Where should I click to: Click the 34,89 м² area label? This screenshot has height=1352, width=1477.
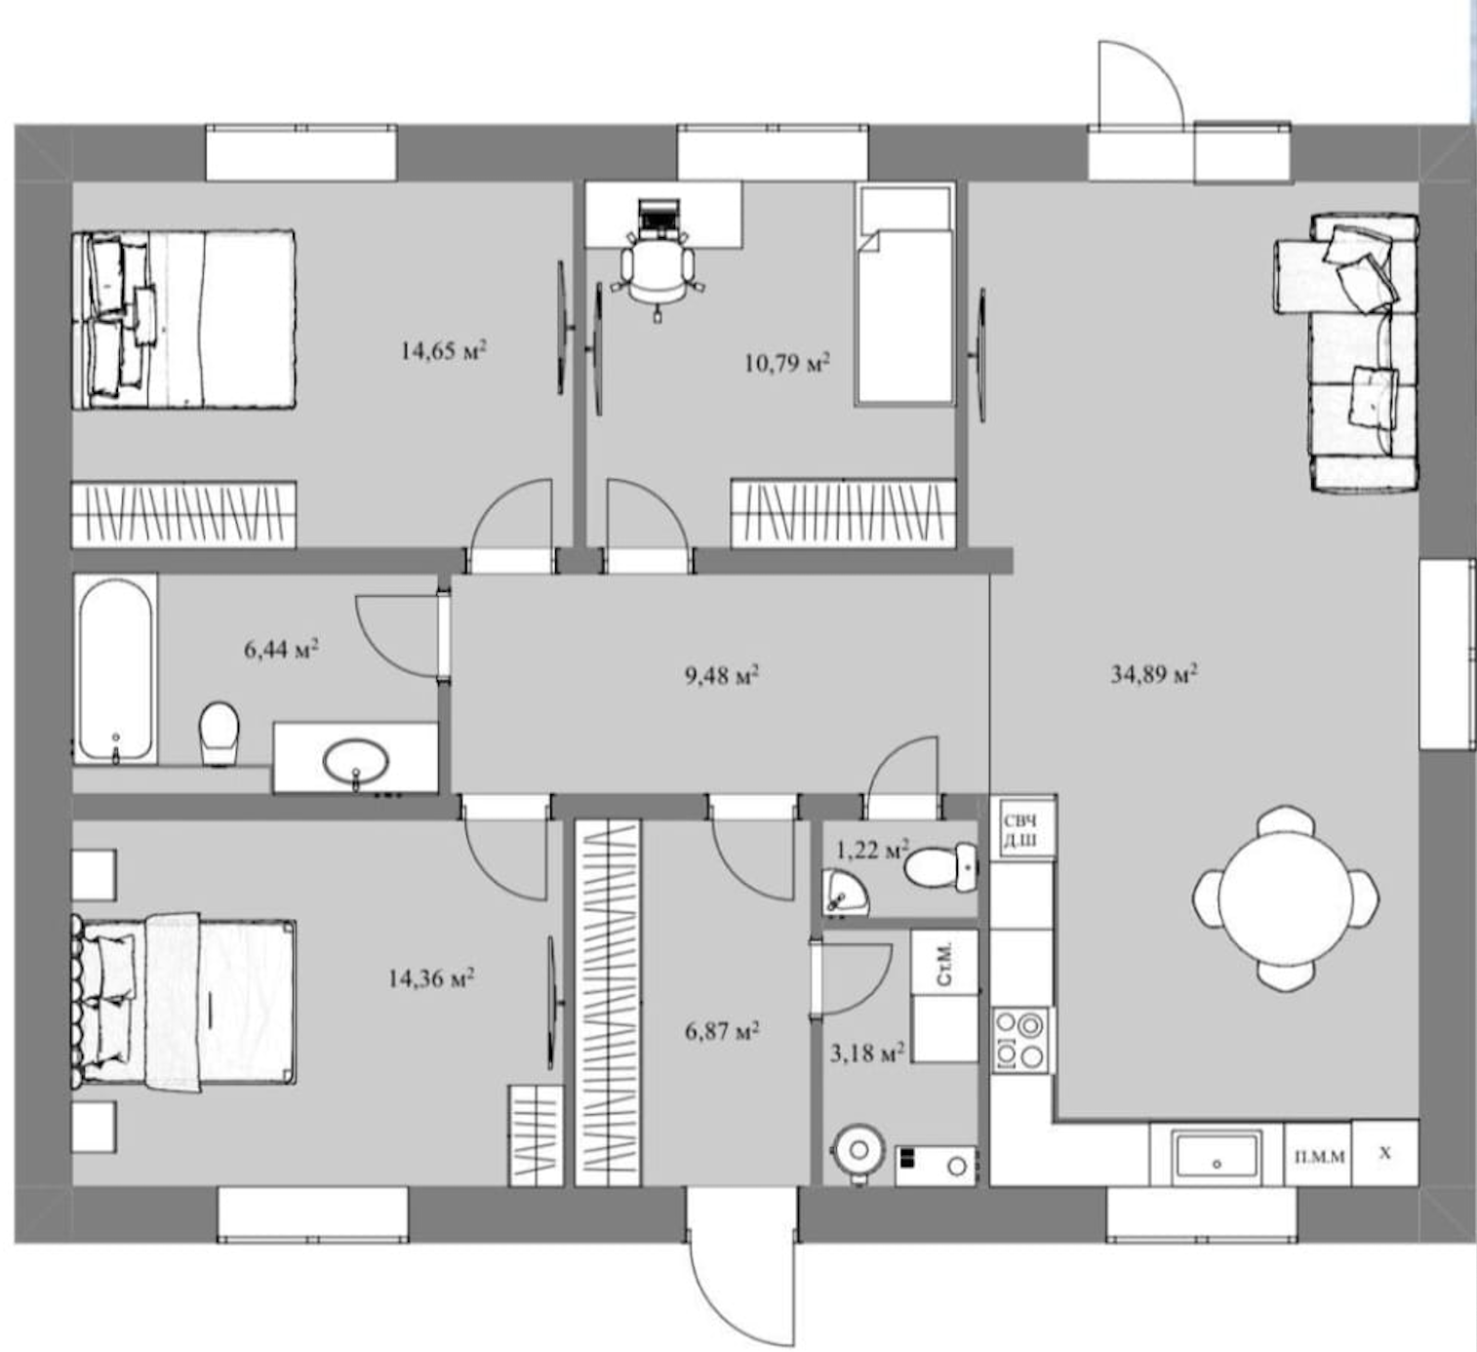1154,673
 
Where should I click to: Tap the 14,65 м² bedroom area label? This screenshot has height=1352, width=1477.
443,350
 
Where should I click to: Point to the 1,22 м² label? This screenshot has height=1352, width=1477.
872,849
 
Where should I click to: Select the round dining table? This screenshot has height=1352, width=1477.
1285,897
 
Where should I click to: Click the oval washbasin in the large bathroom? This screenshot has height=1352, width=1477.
356,761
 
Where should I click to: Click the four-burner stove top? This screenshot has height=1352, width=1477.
1022,1038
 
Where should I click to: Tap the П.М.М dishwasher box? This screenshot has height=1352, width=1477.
1319,1154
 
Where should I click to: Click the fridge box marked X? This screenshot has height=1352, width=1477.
1385,1153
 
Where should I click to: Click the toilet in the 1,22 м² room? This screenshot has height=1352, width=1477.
941,869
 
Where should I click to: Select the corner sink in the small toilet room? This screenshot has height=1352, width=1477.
842,893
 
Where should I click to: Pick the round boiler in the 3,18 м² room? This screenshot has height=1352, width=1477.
858,1152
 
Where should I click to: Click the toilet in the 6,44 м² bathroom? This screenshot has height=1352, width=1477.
219,733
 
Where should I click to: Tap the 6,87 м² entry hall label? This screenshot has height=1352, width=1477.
722,1031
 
